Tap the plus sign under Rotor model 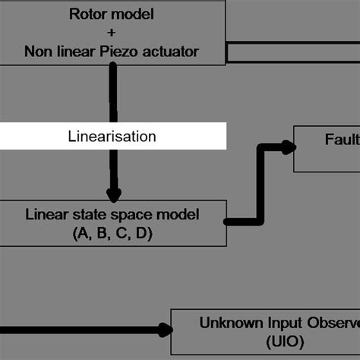[112, 33]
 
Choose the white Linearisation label [112, 137]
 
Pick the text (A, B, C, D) [112, 234]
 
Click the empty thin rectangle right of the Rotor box [293, 52]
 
